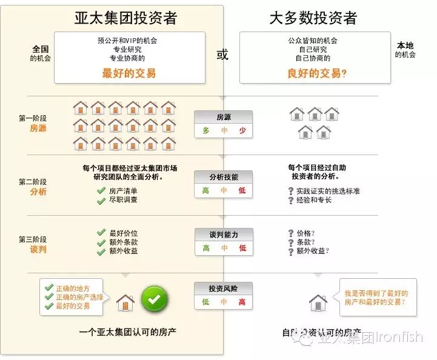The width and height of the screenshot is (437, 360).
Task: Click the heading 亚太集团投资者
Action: (x=125, y=18)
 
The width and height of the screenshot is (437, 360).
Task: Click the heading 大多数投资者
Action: (x=313, y=18)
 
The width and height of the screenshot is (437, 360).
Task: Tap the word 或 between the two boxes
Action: (x=222, y=55)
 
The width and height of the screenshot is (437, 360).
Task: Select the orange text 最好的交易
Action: (x=128, y=73)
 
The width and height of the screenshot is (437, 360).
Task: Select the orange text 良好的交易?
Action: (x=317, y=73)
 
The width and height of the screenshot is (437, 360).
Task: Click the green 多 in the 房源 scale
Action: (x=206, y=130)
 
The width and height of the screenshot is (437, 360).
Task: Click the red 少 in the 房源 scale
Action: (x=242, y=130)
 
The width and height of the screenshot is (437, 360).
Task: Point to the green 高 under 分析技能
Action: (x=206, y=190)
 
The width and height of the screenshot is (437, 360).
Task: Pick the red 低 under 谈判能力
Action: (x=242, y=248)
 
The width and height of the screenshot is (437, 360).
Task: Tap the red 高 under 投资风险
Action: (x=242, y=302)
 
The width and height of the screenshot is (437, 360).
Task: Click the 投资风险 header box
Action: (x=224, y=288)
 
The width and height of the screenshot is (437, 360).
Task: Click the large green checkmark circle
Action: (x=155, y=299)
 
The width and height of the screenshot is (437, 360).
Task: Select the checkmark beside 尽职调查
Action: (x=101, y=200)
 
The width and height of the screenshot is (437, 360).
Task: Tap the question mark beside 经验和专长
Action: (x=291, y=200)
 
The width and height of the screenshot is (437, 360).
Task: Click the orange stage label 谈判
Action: (x=38, y=249)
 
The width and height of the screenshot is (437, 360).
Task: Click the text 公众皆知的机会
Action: (x=313, y=41)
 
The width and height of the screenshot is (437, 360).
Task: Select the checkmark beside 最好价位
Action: (x=101, y=233)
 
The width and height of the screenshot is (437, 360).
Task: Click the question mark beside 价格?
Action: (x=291, y=233)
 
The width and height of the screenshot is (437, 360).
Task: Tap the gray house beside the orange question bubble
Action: (x=318, y=302)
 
